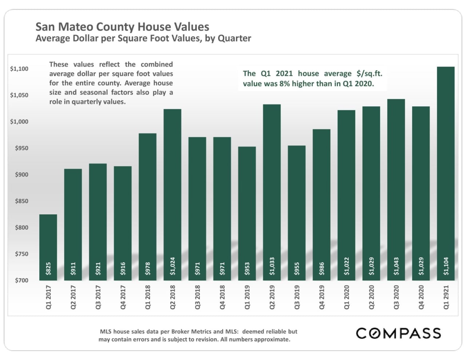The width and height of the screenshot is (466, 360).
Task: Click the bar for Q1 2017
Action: click(48, 247)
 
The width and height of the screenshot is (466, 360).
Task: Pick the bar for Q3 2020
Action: click(396, 189)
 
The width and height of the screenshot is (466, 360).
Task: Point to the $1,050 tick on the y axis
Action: click(19, 95)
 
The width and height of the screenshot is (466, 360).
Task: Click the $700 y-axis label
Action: click(21, 280)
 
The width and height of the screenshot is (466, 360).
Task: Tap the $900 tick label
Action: click(21, 175)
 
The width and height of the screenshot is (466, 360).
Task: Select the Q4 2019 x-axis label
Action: click(322, 297)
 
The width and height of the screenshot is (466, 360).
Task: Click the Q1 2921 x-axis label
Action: click(446, 297)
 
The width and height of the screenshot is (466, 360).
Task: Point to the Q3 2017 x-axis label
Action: click(98, 297)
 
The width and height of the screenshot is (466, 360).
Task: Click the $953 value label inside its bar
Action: click(247, 269)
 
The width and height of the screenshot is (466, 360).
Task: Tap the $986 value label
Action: click(322, 269)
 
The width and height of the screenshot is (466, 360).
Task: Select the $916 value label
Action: click(123, 269)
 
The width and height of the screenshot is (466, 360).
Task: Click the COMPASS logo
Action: click(398, 333)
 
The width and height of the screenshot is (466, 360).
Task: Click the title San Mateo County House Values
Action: click(122, 27)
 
